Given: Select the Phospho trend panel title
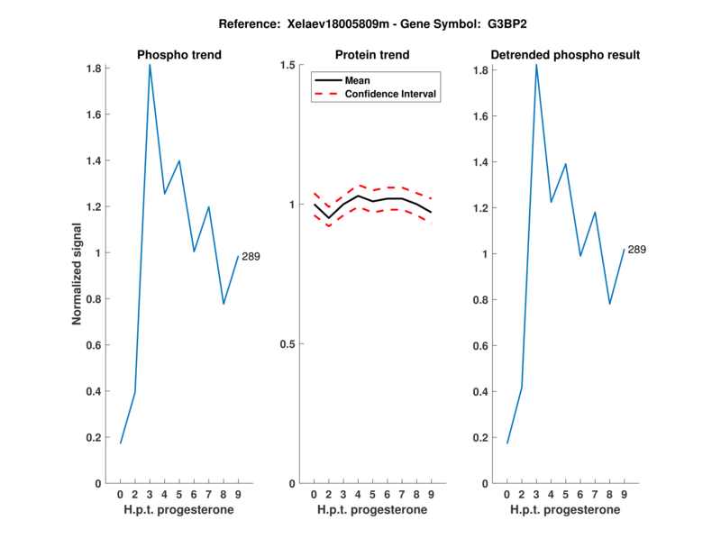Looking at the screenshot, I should (179, 55).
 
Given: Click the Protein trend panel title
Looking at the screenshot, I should (372, 55).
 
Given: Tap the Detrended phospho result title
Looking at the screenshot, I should (565, 55).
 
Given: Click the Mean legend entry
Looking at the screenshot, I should (358, 79).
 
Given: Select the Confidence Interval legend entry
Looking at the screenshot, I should (391, 93).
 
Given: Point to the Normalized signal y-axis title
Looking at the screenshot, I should (78, 274).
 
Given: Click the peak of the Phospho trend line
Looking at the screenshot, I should (150, 65).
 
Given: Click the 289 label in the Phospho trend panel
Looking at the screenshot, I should (251, 257).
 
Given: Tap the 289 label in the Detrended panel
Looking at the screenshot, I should (636, 250).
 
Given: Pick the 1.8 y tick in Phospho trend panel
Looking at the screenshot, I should (93, 68).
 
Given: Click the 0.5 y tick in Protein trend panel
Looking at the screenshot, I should (288, 344).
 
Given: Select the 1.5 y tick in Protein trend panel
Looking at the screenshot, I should (288, 65).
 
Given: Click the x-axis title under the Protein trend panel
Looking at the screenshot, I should (372, 510).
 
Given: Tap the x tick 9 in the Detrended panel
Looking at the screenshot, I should (624, 494).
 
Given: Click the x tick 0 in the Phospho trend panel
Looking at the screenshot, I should (120, 494).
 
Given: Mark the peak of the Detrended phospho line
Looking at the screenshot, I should (536, 65).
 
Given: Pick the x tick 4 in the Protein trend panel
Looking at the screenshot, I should (358, 494).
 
